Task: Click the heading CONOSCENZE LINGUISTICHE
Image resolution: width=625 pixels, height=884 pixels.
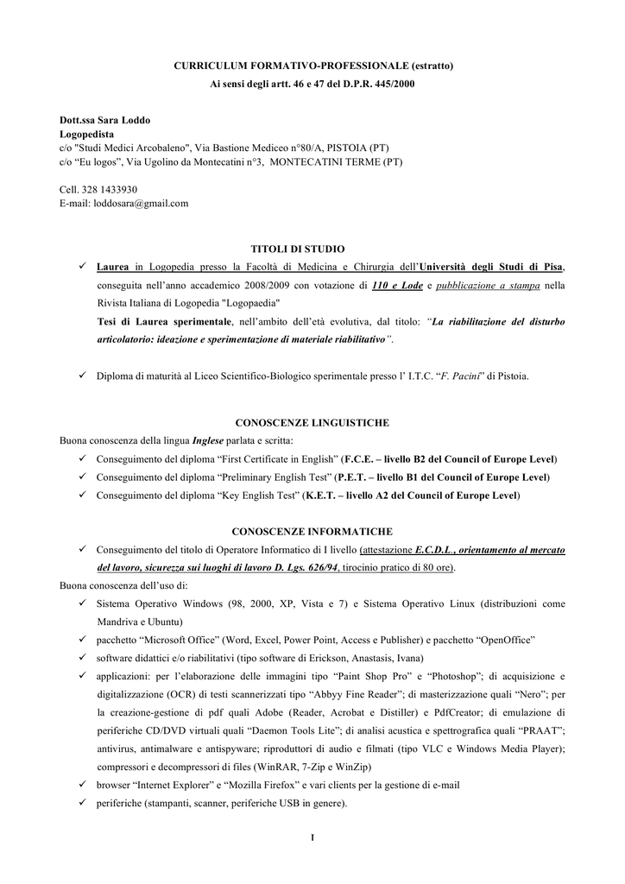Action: coord(312,423)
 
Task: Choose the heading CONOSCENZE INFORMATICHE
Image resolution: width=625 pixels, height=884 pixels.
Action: coord(312,532)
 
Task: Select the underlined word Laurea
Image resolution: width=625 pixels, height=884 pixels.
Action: coord(114,267)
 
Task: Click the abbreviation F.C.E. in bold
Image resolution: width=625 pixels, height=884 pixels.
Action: coord(361,458)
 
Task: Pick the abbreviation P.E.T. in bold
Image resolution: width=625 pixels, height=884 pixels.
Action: coord(356,477)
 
